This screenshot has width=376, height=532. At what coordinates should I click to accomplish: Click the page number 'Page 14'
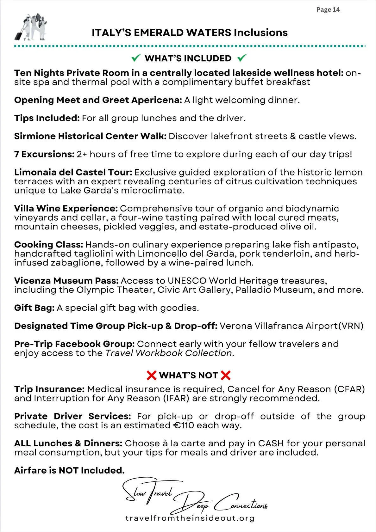(x=328, y=10)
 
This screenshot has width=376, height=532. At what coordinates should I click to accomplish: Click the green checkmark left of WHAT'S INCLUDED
(x=136, y=58)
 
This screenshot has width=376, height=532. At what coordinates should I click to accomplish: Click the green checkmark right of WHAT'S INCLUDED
(x=241, y=58)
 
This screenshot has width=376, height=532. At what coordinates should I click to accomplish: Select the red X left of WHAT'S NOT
(x=152, y=375)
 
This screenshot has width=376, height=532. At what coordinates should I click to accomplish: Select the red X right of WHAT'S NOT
(x=226, y=375)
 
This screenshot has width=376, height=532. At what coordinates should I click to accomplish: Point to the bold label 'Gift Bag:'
(x=34, y=308)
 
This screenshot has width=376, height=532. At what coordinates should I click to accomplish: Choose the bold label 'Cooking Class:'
(x=48, y=245)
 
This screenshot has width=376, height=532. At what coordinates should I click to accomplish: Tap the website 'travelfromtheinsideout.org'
(x=190, y=518)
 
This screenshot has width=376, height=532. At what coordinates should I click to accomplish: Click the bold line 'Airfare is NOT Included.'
(x=69, y=470)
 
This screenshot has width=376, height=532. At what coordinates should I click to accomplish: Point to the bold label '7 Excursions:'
(x=44, y=154)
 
